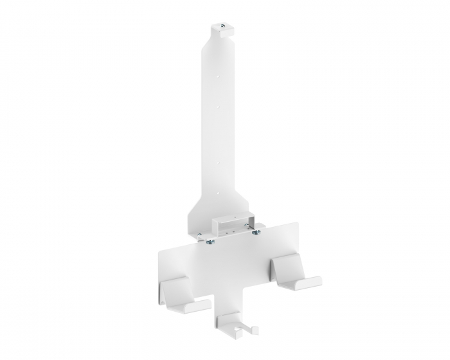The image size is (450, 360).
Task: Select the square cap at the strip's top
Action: click(222, 30)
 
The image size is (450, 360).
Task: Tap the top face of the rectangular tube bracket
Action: click(230, 219)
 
